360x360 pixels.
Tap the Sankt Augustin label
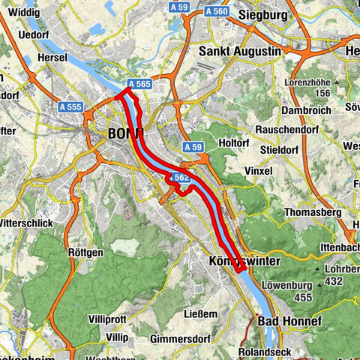240,52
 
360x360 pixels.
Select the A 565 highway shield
141,85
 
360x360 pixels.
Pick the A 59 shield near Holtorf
193,147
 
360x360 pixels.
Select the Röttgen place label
85,253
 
